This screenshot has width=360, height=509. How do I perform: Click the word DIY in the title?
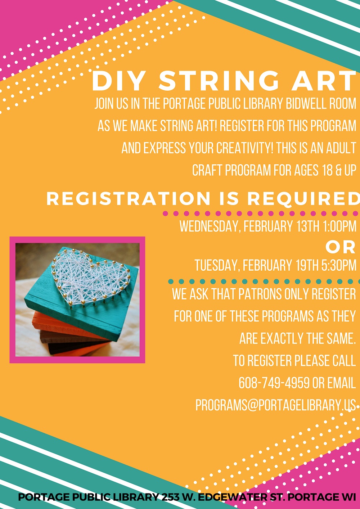[x=118, y=81]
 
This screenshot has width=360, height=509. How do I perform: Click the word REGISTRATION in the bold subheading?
[x=128, y=199]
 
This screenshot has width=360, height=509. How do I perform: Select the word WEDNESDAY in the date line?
[x=210, y=226]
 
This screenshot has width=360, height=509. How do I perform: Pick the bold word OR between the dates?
[x=341, y=248]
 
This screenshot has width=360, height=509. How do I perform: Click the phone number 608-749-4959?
[x=274, y=383]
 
